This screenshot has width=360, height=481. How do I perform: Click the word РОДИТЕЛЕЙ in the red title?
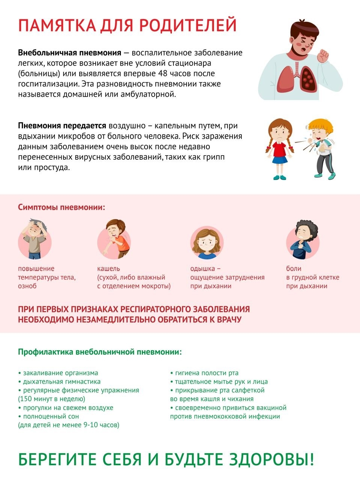tap(188, 25)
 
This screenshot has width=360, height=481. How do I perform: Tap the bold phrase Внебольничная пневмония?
tap(69, 53)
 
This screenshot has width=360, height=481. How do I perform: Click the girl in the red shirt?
tap(279, 148)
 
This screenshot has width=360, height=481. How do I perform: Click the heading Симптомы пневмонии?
tap(62, 207)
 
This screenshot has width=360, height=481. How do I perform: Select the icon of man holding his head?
tap(35, 240)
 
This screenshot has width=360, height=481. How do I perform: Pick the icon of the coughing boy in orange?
tap(114, 240)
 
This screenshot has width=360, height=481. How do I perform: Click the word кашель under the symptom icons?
tap(108, 269)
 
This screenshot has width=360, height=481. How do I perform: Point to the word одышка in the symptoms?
tap(203, 269)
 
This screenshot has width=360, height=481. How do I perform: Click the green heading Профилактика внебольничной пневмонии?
tap(100, 352)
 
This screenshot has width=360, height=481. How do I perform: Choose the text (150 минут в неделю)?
tap(52, 399)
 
